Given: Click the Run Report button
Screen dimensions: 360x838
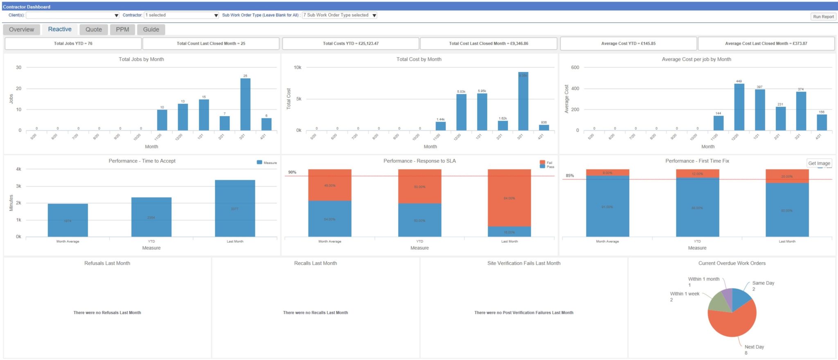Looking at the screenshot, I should (x=823, y=17).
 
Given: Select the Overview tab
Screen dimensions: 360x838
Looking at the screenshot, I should (x=22, y=29).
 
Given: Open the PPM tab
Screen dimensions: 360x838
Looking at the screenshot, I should (x=122, y=29).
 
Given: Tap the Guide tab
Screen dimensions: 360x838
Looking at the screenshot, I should (x=151, y=29).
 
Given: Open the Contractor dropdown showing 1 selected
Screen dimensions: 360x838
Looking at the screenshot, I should (x=182, y=15).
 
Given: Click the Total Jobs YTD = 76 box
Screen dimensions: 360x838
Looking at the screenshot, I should (x=73, y=43).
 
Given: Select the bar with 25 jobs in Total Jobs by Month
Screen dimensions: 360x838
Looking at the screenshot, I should (x=245, y=104).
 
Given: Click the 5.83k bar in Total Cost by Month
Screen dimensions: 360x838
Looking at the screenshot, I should (x=461, y=112).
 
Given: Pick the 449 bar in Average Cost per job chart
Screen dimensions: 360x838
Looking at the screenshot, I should (x=739, y=107).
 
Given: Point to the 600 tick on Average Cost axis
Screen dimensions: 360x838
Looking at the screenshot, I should (x=575, y=67).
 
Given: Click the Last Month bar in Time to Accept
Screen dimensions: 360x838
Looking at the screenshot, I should (x=235, y=208).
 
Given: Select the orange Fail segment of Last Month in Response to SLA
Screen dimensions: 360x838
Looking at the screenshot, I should (x=509, y=198).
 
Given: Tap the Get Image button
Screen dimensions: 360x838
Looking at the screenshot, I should (x=819, y=163).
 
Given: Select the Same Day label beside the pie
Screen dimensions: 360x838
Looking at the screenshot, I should (x=763, y=283).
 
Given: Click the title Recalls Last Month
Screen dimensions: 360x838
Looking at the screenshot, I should (x=315, y=263).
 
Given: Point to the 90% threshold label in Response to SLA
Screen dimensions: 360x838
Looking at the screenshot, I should (x=292, y=172).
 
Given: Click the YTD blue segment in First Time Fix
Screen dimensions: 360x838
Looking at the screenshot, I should (x=697, y=207).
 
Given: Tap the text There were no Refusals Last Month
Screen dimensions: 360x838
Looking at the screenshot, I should (x=107, y=313).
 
